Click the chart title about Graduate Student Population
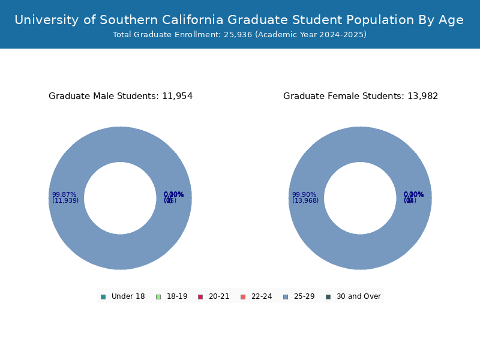(239, 20)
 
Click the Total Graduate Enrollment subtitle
(239, 35)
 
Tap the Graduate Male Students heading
(121, 96)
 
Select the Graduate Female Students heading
(361, 96)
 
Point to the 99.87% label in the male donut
(64, 194)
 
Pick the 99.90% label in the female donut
(304, 194)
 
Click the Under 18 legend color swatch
(103, 296)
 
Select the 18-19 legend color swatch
(158, 296)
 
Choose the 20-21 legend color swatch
(200, 296)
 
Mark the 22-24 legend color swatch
(243, 296)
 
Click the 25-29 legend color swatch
(286, 296)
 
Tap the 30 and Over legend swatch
(328, 296)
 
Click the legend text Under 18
(128, 296)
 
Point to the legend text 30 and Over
(358, 296)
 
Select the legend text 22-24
(262, 296)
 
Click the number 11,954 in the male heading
(177, 96)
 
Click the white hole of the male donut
(120, 198)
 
